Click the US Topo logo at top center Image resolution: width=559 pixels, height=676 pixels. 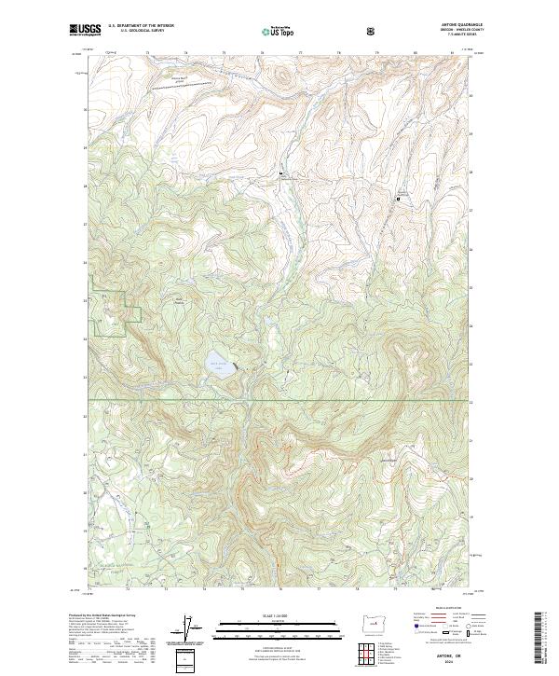click(279, 32)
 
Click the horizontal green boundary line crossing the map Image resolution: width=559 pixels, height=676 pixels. click(279, 401)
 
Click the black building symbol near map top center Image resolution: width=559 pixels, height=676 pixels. click(281, 174)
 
